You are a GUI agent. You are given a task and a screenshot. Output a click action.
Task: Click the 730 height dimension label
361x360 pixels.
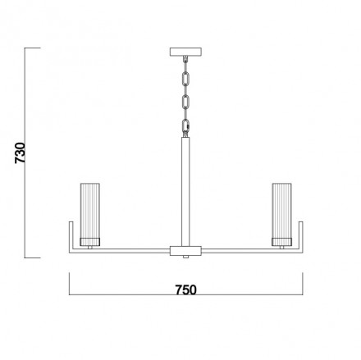point(20,153)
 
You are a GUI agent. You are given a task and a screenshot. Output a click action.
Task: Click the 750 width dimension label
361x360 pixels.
point(186,290)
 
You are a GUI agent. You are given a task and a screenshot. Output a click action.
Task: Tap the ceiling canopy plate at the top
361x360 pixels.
point(185,52)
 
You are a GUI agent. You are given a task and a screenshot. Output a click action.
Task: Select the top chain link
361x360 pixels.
point(186,79)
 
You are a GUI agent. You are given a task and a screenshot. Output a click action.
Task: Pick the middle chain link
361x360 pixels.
point(186,103)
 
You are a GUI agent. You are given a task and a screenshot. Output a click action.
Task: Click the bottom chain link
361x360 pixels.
point(186,126)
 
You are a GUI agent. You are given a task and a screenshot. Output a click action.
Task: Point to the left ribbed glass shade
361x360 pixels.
point(90,211)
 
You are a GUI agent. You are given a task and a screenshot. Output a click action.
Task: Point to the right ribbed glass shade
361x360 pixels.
point(281,211)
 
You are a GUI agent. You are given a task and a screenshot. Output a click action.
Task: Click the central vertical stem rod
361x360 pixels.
point(185,192)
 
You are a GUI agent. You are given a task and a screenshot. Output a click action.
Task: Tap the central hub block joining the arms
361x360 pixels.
point(185,251)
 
